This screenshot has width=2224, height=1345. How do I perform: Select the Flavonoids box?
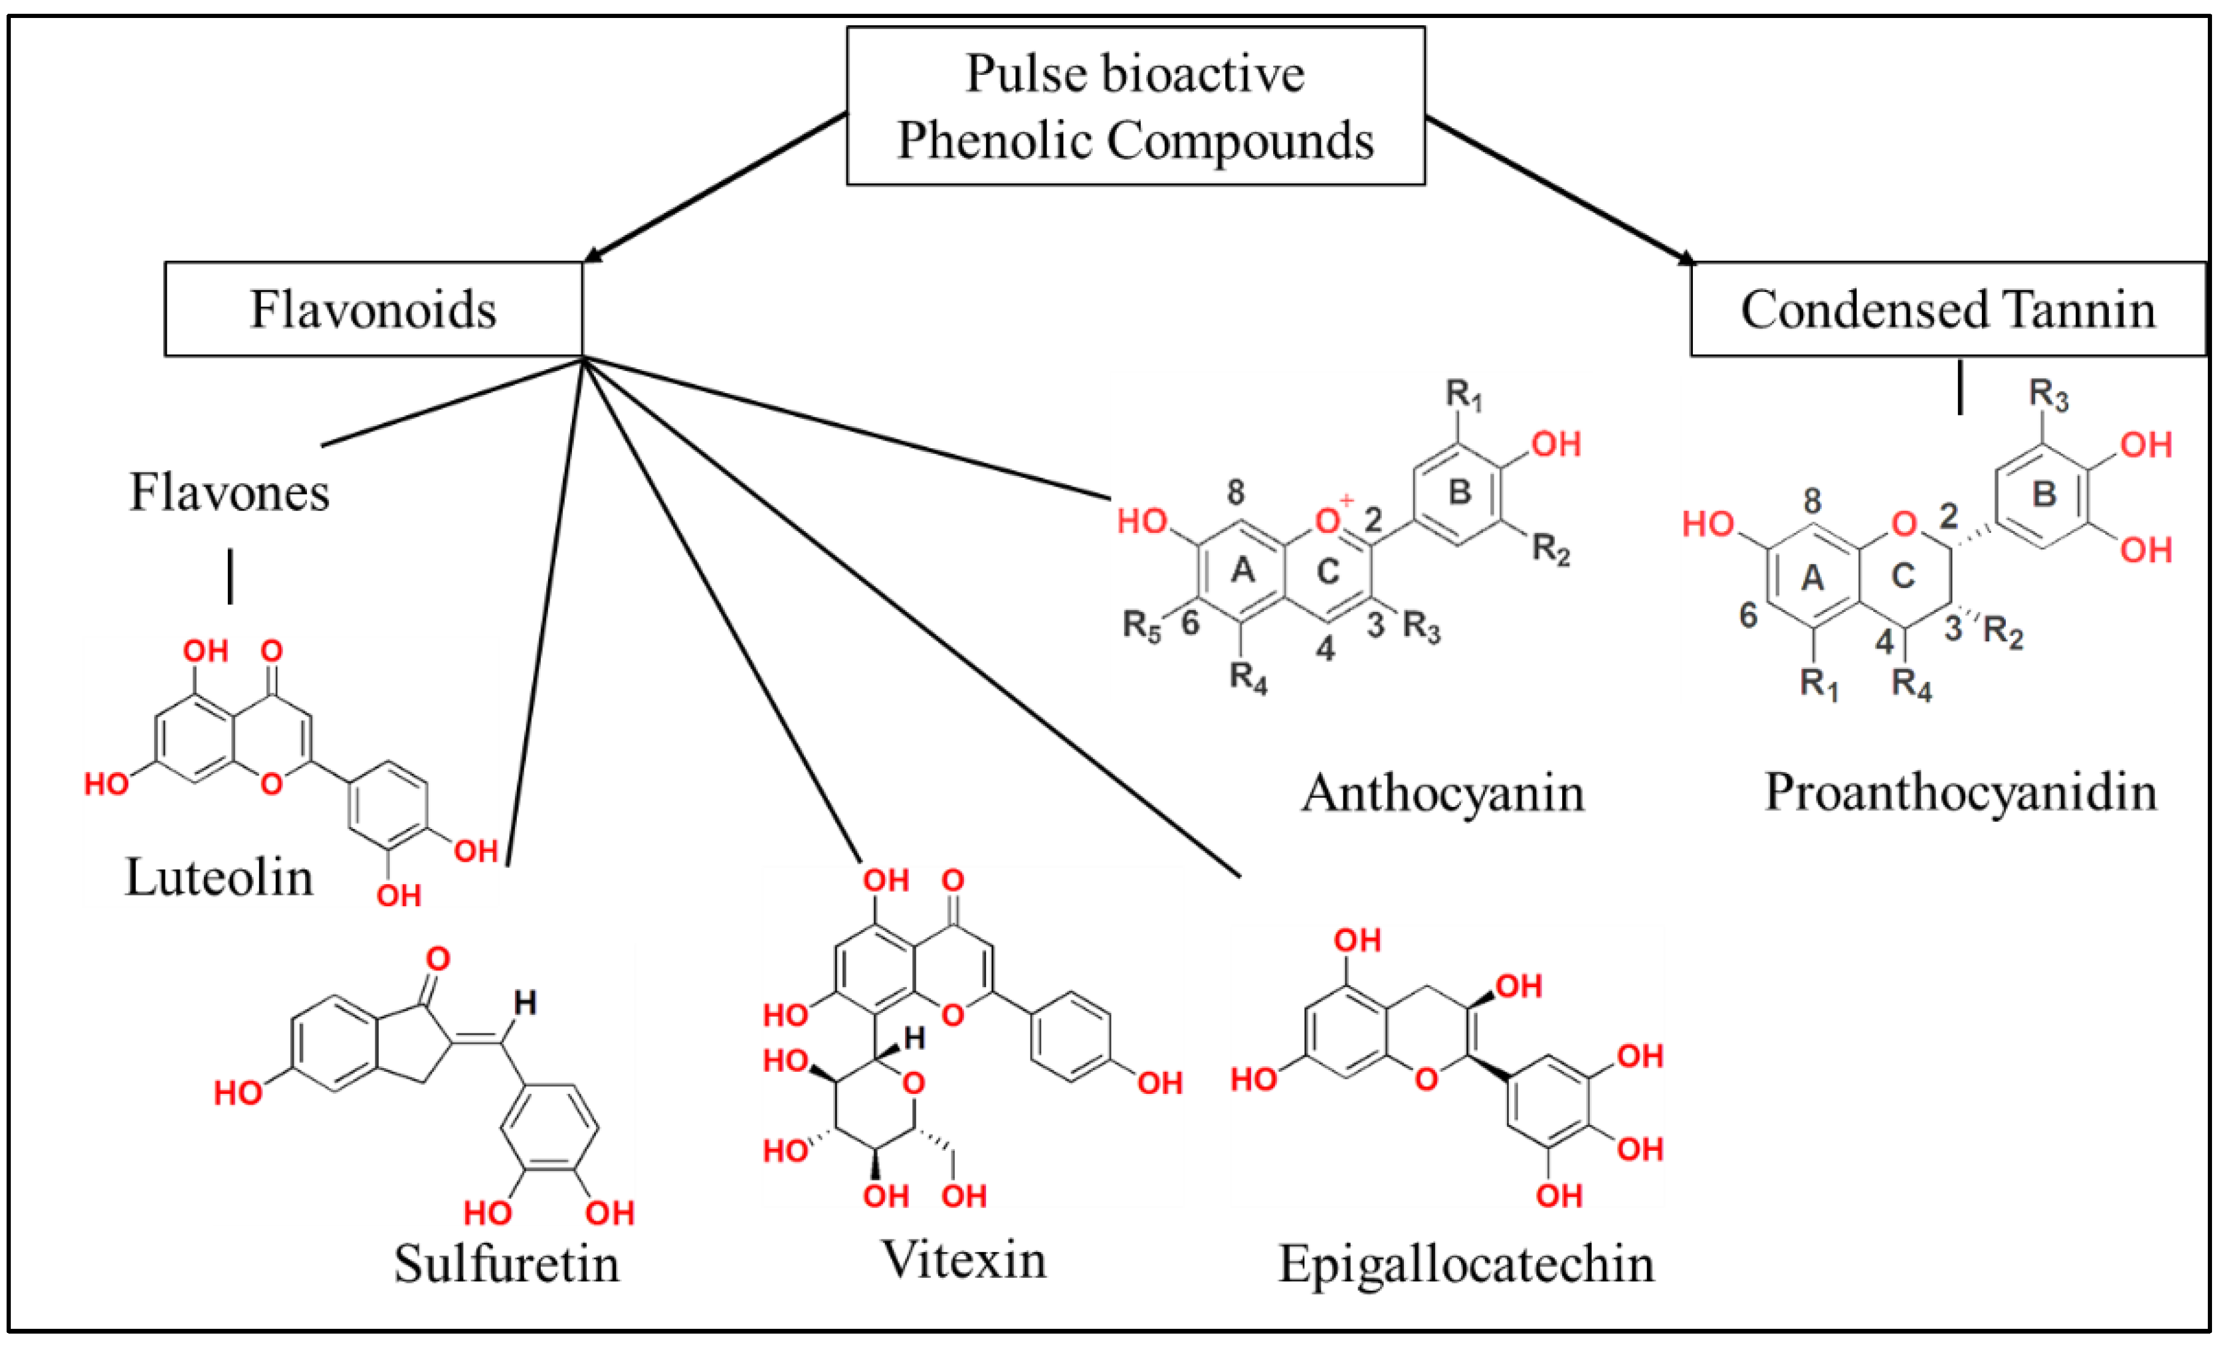pyautogui.click(x=373, y=310)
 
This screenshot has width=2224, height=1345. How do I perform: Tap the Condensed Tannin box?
pyautogui.click(x=1948, y=310)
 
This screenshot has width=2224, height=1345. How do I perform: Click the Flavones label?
pyautogui.click(x=229, y=493)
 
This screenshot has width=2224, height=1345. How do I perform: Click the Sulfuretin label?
pyautogui.click(x=507, y=1263)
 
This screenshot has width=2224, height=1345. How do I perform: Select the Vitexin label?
pyautogui.click(x=963, y=1259)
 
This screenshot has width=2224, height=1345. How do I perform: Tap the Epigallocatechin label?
pyautogui.click(x=1466, y=1263)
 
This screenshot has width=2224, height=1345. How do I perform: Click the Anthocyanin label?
pyautogui.click(x=1442, y=794)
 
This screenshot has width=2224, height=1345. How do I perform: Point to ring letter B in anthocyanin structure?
pyautogui.click(x=1460, y=492)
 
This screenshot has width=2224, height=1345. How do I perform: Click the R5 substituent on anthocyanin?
pyautogui.click(x=1141, y=625)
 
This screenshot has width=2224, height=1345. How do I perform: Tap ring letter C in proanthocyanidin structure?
pyautogui.click(x=1903, y=576)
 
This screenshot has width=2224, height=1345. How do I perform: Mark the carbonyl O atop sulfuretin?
pyautogui.click(x=439, y=958)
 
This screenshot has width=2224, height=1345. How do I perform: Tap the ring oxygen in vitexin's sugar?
pyautogui.click(x=914, y=1083)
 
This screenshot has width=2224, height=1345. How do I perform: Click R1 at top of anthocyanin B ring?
pyautogui.click(x=1463, y=394)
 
